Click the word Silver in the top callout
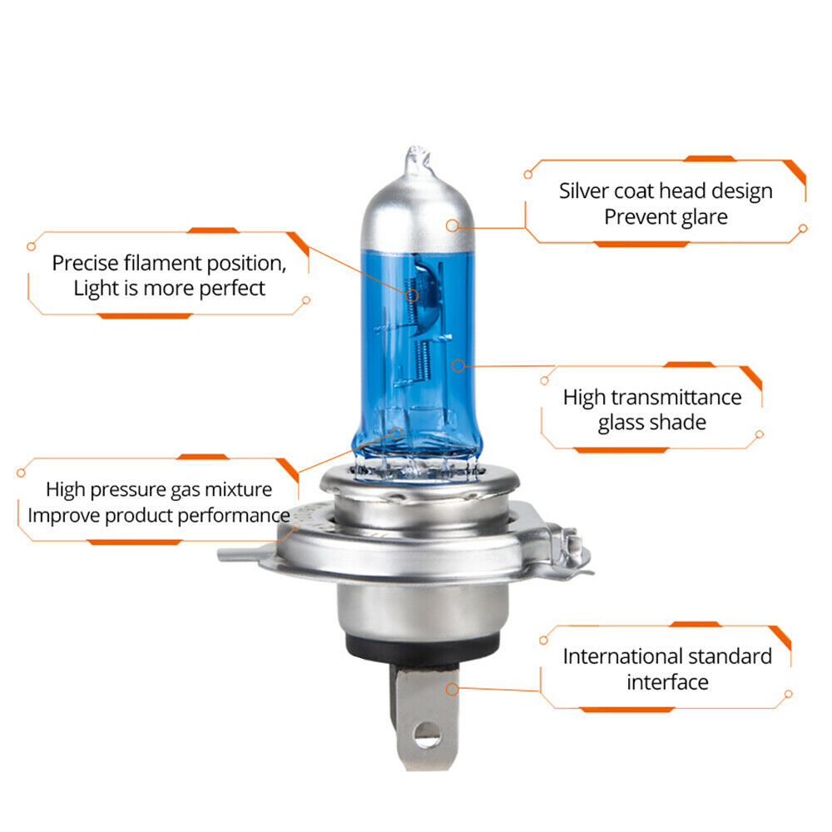[584, 191]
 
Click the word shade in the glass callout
[675, 423]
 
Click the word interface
[667, 682]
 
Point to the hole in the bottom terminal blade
[426, 732]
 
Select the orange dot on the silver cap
[452, 225]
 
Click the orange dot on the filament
[410, 294]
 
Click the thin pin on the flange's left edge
[237, 554]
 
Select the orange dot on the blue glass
[456, 364]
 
